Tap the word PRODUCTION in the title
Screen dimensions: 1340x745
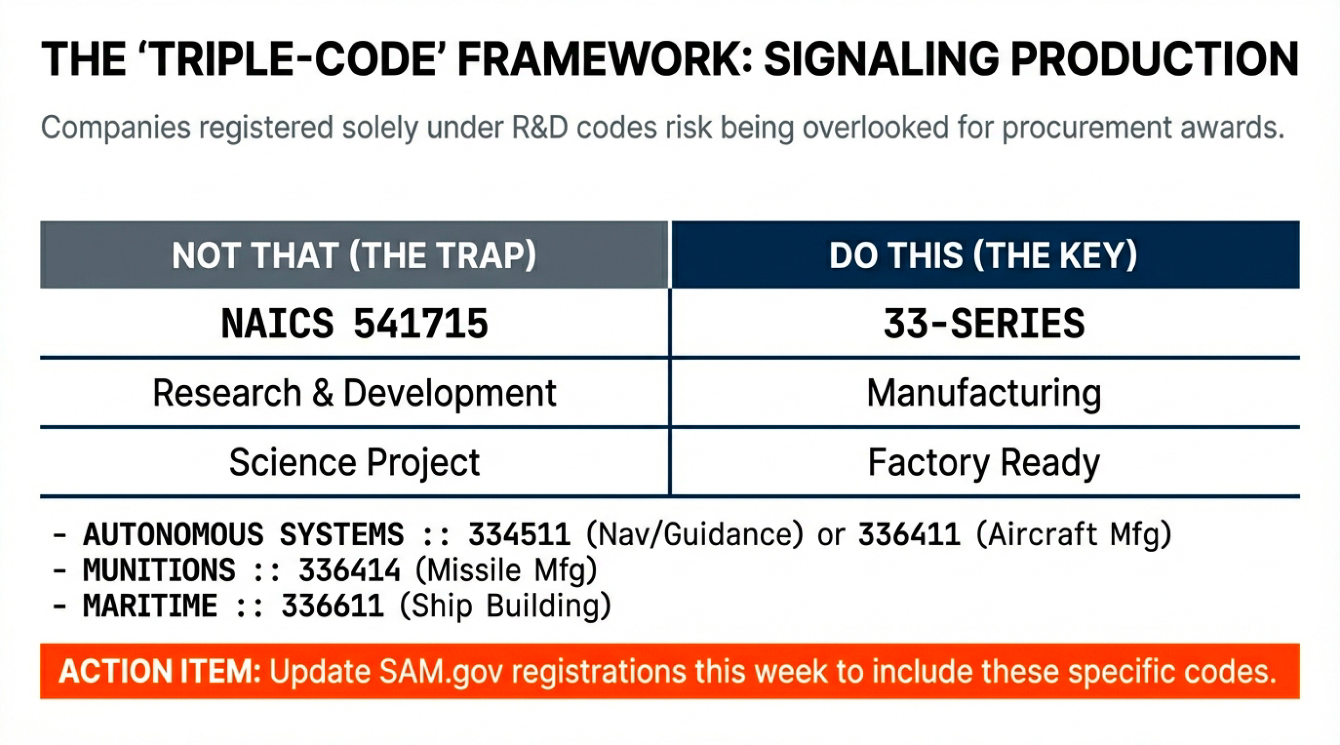click(1154, 59)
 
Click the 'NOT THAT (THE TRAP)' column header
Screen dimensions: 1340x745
click(354, 256)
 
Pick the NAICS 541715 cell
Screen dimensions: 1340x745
click(355, 323)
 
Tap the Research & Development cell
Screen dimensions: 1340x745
click(355, 393)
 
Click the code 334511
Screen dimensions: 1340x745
click(519, 535)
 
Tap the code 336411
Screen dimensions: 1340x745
click(909, 535)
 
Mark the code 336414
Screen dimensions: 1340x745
click(349, 570)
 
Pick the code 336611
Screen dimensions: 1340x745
click(333, 606)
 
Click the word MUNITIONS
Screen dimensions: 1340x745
click(159, 570)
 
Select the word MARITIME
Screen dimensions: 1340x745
click(150, 606)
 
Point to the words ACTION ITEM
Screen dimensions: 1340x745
click(160, 672)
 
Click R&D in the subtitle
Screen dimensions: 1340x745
click(540, 128)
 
